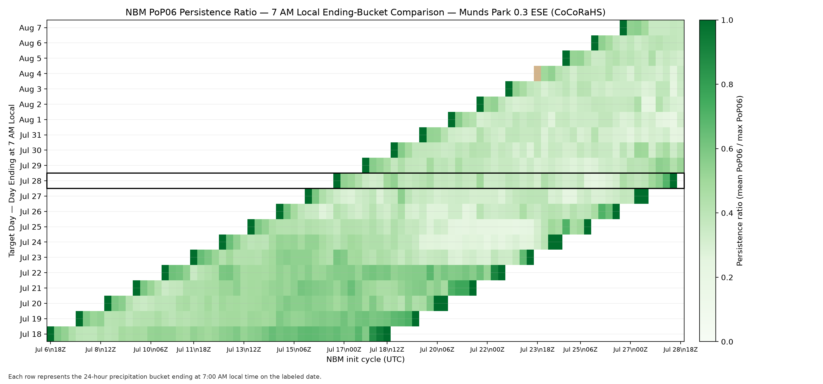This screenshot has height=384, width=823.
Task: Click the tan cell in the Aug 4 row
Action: pyautogui.click(x=537, y=74)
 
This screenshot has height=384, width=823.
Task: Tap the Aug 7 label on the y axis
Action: pyautogui.click(x=30, y=28)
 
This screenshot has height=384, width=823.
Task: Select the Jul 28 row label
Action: pyautogui.click(x=31, y=181)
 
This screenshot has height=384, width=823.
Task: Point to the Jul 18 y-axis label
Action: pyautogui.click(x=31, y=334)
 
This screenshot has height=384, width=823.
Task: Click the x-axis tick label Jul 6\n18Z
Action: pyautogui.click(x=50, y=349)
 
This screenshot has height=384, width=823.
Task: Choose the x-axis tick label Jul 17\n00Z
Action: pyautogui.click(x=344, y=349)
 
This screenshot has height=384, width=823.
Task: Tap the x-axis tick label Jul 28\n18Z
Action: pyautogui.click(x=681, y=349)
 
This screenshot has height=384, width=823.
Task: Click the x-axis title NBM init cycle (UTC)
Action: pyautogui.click(x=365, y=359)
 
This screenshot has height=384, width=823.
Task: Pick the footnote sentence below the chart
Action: pyautogui.click(x=165, y=377)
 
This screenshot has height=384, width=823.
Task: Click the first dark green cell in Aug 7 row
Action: pyautogui.click(x=623, y=28)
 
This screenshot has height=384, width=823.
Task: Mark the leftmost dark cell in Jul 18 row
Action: pyautogui.click(x=50, y=334)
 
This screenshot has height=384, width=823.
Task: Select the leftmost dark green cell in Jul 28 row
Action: pyautogui.click(x=337, y=181)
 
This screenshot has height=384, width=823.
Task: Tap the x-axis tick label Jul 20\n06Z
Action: pyautogui.click(x=437, y=349)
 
